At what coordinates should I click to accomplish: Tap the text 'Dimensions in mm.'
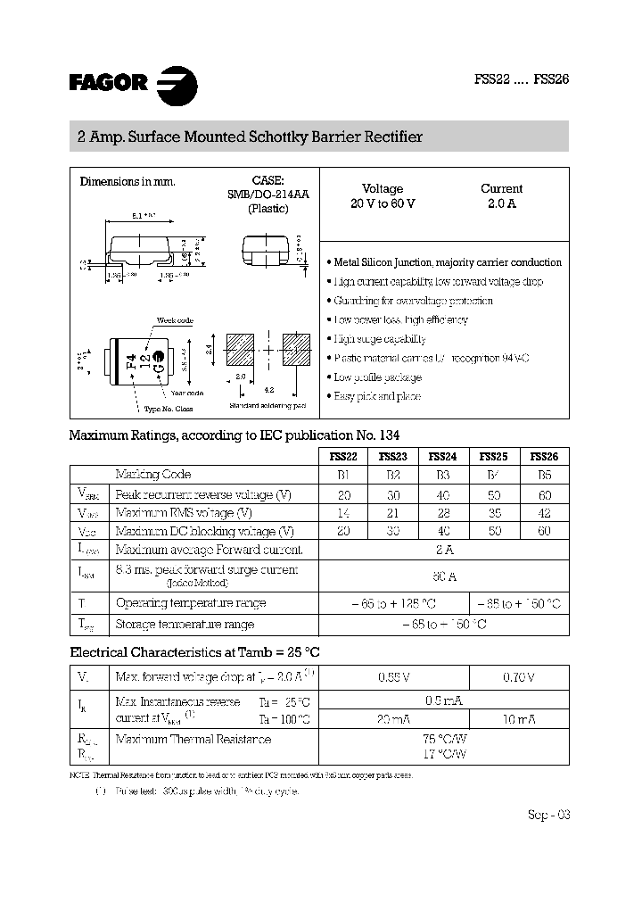tap(128, 181)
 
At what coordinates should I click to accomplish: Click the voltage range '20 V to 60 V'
tap(383, 203)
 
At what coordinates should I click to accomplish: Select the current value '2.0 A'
tap(501, 203)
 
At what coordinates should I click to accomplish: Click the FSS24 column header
tap(444, 456)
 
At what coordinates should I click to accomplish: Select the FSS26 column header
tap(544, 456)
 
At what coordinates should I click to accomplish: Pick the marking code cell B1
tap(343, 475)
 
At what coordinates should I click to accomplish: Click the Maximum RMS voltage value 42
tap(544, 513)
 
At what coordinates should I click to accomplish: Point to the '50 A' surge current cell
tap(443, 576)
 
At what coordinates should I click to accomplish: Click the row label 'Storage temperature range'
tap(185, 625)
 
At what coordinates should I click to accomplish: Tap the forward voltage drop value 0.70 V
tap(518, 677)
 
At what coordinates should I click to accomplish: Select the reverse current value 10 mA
tap(518, 719)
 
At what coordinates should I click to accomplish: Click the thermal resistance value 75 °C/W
tap(443, 739)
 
